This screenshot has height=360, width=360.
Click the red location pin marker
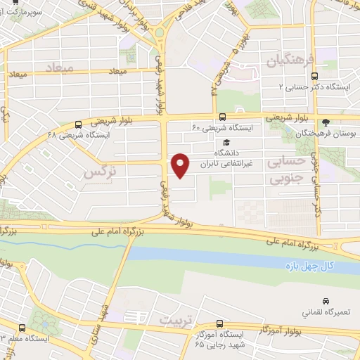[181, 165]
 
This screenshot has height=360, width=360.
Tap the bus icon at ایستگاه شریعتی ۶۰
[222, 117]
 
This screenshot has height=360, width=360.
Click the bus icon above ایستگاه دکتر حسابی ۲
[314, 75]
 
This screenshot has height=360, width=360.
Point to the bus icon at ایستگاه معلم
[22, 328]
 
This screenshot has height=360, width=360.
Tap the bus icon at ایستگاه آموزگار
[221, 324]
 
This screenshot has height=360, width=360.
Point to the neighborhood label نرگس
[98, 171]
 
